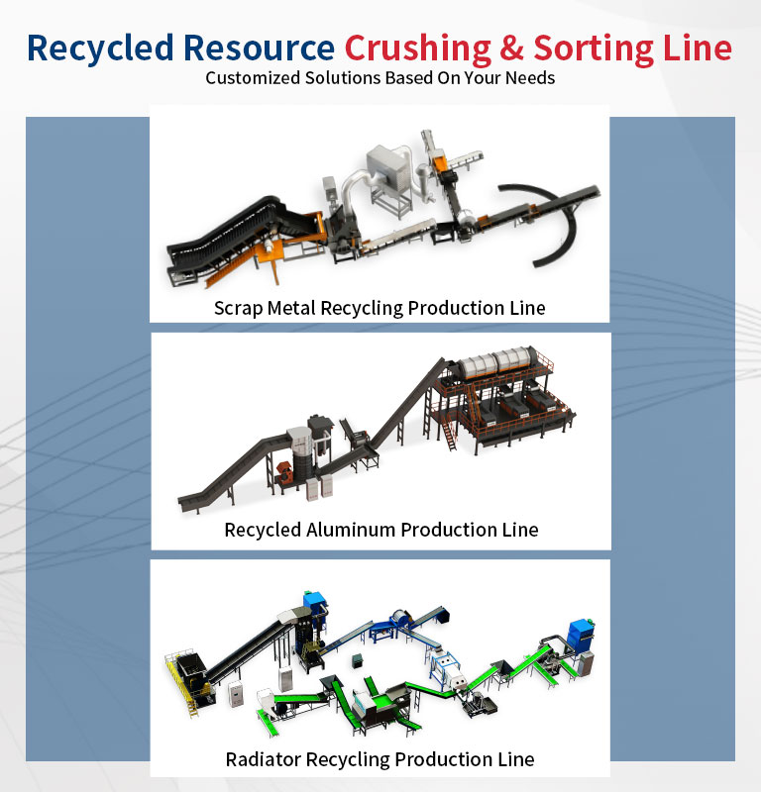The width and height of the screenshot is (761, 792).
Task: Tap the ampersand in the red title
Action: pyautogui.click(x=512, y=48)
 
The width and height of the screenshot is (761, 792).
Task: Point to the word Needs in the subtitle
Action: pyautogui.click(x=531, y=78)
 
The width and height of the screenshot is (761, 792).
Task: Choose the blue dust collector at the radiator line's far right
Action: pyautogui.click(x=579, y=634)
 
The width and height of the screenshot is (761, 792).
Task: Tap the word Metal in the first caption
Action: pyautogui.click(x=291, y=308)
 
